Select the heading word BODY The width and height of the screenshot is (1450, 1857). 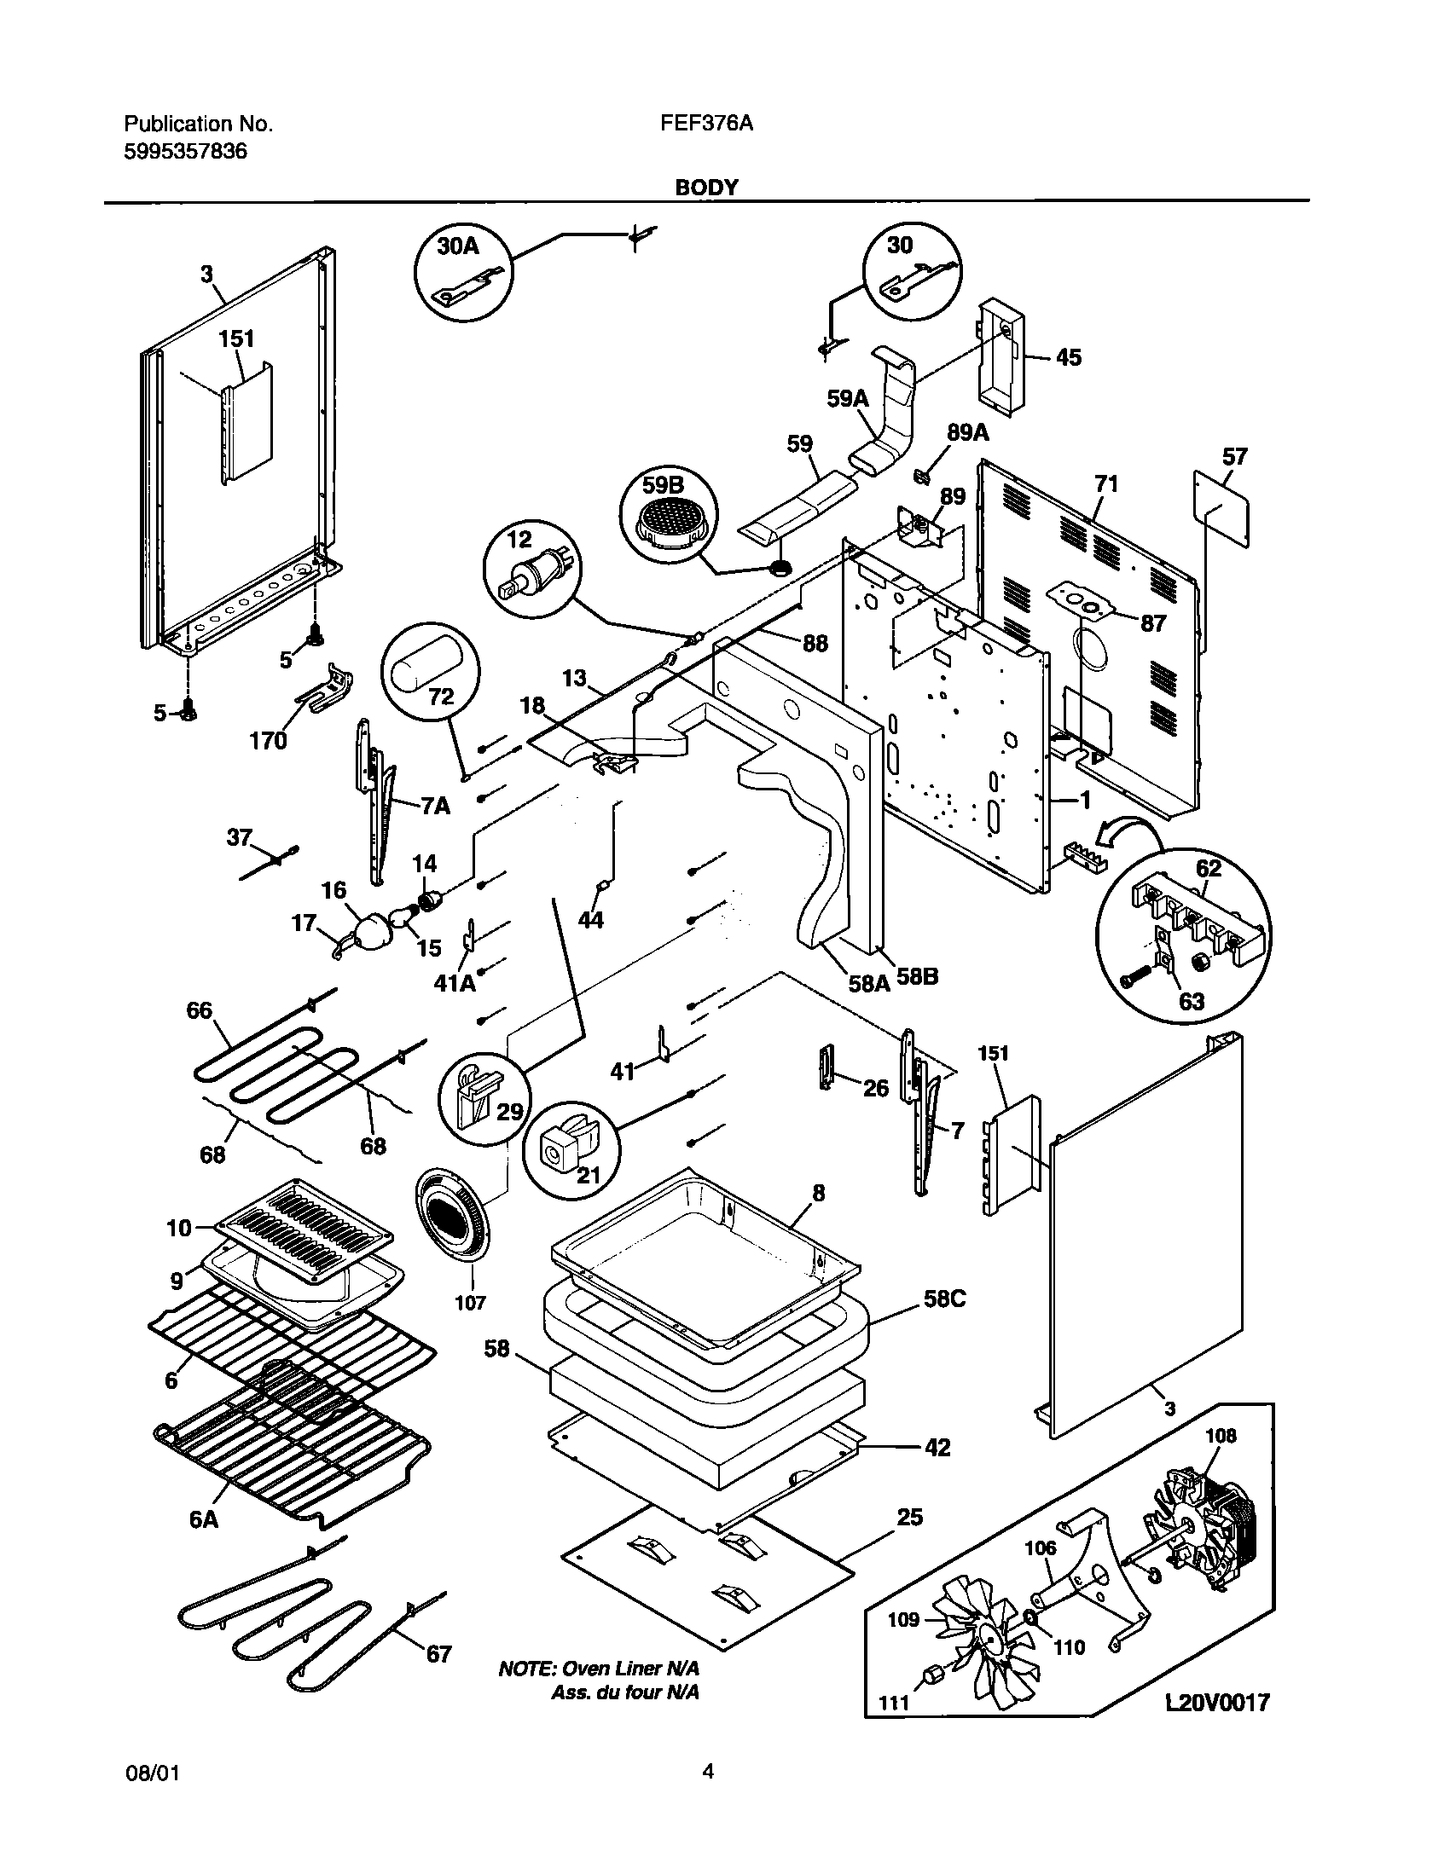coord(706,188)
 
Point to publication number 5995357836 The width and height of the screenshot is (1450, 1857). coord(186,153)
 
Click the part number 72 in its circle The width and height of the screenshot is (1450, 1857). coord(441,697)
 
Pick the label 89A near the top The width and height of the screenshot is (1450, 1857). coord(967,433)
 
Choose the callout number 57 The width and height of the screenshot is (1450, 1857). coord(1234,457)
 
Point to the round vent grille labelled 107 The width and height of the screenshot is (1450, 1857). coord(452,1220)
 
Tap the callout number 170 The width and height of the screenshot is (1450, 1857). coord(269,741)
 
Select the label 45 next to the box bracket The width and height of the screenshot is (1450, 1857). coord(1068,357)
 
